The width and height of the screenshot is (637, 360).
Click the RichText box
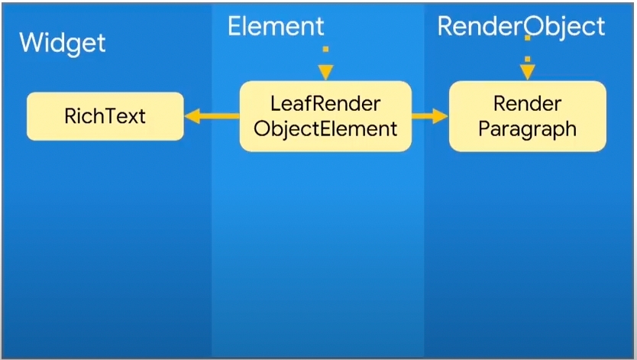coord(105,116)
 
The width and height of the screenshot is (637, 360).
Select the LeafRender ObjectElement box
coord(325,116)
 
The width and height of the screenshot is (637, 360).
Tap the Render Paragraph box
coord(527,116)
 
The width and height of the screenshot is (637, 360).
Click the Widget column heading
coord(63,42)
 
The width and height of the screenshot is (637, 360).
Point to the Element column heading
coord(276,27)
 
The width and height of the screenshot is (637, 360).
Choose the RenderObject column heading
coord(521,27)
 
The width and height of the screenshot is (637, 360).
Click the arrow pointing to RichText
coord(212,116)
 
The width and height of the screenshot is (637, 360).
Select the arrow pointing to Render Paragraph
coord(429,116)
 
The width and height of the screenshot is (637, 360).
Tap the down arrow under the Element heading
coord(326,64)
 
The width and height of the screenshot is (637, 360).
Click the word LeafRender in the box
coord(325,104)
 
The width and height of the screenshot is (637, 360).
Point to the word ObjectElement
coord(325,128)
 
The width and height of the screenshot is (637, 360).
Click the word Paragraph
coord(527,128)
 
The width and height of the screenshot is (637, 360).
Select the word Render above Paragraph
coord(527,104)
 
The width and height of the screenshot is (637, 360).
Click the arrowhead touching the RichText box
coord(192,116)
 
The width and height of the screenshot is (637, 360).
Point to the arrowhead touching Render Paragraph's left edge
coord(441,116)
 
